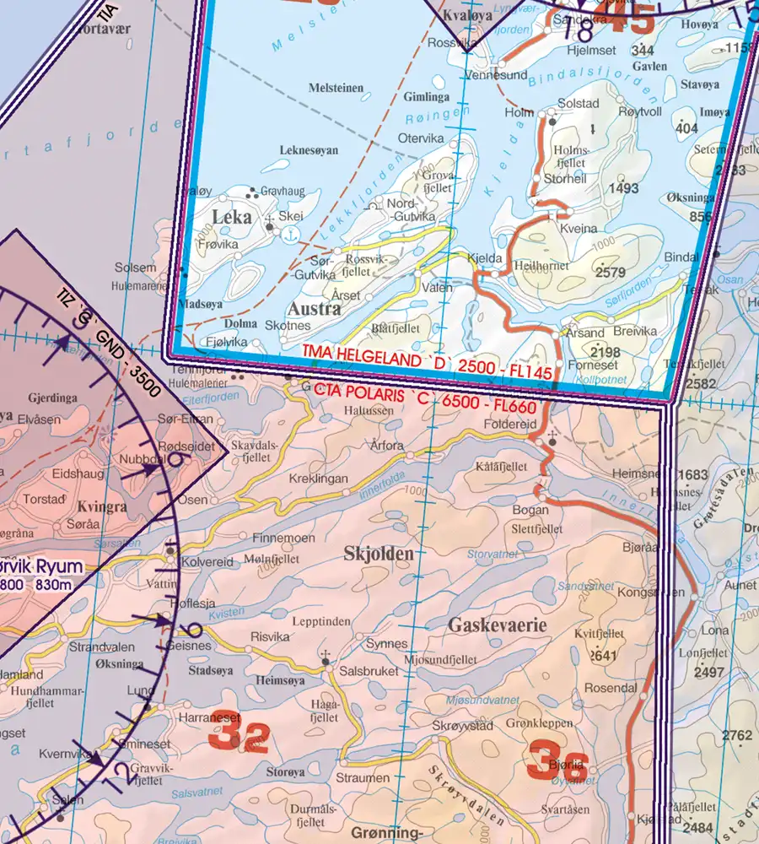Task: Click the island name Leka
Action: click(x=232, y=217)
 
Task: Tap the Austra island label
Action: click(x=315, y=309)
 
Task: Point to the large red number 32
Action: click(x=239, y=737)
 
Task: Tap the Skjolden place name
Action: click(x=379, y=554)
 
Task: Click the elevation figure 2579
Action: click(x=610, y=273)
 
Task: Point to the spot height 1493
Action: click(x=623, y=188)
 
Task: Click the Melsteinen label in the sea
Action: click(x=336, y=88)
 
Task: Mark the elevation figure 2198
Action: click(x=606, y=352)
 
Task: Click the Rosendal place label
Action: click(x=611, y=688)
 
